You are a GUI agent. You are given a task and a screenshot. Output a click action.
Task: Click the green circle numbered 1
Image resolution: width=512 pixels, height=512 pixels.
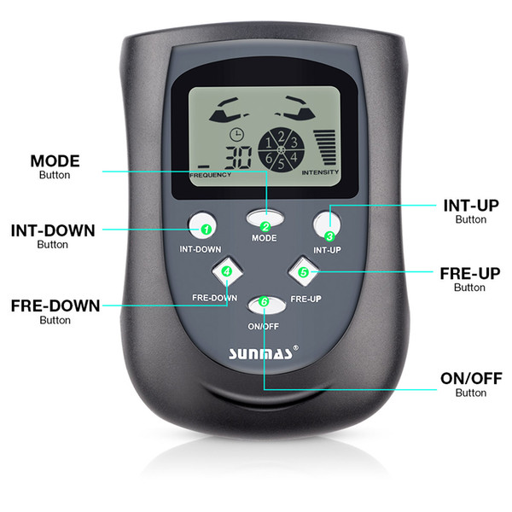(x=206, y=230)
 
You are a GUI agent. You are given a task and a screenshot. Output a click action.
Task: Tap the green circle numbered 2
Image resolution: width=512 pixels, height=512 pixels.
(x=265, y=227)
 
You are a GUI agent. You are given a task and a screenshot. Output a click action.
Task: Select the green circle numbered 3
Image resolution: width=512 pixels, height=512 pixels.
(x=329, y=236)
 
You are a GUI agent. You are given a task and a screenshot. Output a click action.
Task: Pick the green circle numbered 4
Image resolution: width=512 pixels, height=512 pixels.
(x=227, y=271)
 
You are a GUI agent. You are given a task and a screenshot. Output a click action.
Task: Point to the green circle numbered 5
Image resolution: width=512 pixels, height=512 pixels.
(x=304, y=272)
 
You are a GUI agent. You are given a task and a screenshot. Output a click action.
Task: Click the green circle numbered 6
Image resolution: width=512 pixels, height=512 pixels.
(x=264, y=301)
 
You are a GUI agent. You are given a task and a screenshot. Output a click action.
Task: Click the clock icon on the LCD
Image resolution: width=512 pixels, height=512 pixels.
(x=236, y=134)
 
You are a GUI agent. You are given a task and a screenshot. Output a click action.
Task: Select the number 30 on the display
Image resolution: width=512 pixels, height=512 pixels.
(x=239, y=157)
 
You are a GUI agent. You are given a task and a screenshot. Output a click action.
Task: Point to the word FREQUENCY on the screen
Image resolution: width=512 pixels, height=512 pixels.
(x=210, y=175)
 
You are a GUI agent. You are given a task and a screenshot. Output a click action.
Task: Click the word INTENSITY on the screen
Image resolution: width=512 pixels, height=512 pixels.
(x=320, y=172)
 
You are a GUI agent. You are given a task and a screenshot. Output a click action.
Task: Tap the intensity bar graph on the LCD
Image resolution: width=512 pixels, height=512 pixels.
(x=324, y=148)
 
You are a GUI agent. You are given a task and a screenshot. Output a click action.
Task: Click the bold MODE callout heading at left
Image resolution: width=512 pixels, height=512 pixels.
(x=55, y=161)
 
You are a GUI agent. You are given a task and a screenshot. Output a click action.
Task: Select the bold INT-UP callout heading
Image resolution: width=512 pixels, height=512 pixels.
(x=471, y=206)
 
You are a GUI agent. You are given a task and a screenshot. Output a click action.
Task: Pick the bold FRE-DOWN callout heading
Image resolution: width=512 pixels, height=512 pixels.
(x=55, y=306)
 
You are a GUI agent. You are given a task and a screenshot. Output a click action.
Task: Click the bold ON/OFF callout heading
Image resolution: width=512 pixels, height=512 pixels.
(x=471, y=379)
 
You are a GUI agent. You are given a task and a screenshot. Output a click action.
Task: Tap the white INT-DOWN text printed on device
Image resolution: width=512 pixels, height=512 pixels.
(x=201, y=249)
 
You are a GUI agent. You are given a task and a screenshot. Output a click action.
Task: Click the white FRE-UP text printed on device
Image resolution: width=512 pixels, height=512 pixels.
(x=306, y=299)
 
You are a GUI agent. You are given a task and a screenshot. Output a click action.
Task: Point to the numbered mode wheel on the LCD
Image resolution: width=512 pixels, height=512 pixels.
(x=281, y=150)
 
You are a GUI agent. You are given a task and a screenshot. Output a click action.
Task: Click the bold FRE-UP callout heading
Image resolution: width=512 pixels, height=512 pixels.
(x=470, y=274)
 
